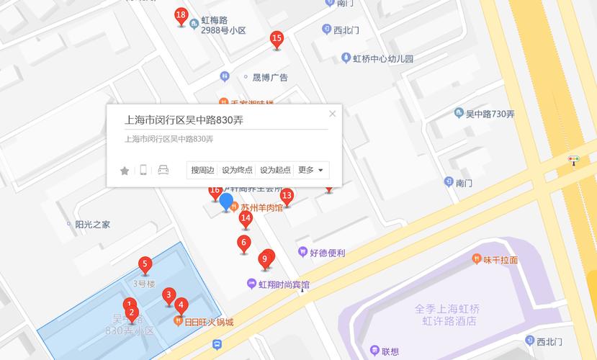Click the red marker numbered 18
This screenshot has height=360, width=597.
[181, 17]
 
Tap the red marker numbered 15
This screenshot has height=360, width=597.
[277, 40]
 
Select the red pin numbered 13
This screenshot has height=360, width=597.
[287, 197]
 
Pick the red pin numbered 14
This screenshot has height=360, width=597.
[246, 219]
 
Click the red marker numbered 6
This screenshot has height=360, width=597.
[244, 244]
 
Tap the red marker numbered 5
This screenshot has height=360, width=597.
[145, 265]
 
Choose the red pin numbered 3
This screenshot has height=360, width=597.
[169, 296]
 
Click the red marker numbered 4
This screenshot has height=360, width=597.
[181, 306]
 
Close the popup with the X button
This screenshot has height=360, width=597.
[332, 114]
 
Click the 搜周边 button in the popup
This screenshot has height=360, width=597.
[202, 170]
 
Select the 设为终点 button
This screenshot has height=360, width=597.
[237, 170]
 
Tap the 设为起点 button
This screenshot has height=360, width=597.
[275, 170]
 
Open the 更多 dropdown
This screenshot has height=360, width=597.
[312, 170]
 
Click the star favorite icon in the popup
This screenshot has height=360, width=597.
[125, 171]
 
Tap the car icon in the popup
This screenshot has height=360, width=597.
[163, 170]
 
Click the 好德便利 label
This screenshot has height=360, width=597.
[328, 253]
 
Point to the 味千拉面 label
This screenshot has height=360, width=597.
[500, 260]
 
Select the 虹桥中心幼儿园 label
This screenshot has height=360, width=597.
[382, 59]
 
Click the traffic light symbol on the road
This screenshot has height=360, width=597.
[574, 159]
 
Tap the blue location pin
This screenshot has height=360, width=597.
[226, 202]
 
